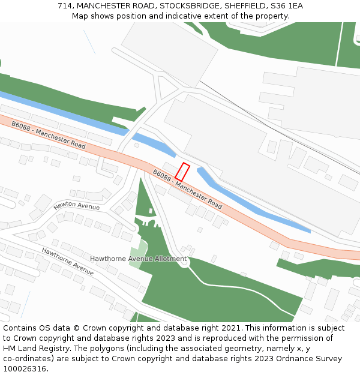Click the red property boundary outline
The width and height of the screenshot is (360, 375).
coord(182,172)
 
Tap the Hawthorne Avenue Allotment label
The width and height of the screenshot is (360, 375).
coord(138,259)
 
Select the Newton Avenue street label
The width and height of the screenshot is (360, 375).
coord(76,205)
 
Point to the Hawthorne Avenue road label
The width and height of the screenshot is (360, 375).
coord(67,261)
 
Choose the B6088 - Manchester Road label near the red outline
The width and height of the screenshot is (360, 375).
coord(187,189)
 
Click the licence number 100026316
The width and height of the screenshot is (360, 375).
coord(26,369)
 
